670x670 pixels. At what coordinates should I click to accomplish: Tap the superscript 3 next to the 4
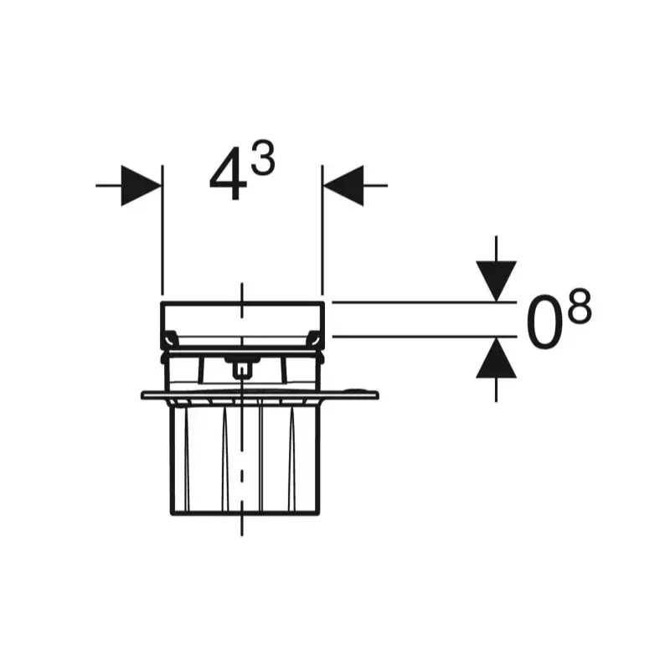262,157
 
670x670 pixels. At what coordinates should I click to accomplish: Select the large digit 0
544,321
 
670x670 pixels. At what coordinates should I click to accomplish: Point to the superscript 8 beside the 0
579,305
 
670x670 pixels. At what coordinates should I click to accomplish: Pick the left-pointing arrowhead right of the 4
343,185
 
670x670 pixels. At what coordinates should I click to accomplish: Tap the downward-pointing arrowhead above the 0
496,281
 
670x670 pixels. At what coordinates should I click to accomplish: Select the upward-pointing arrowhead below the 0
496,358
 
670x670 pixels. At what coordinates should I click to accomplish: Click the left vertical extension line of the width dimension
162,229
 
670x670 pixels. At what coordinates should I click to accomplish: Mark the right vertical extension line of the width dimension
322,229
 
